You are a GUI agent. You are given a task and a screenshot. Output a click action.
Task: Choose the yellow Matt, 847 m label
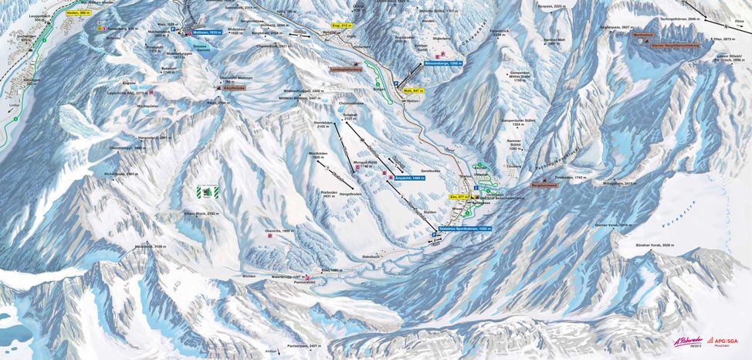[x=413, y=91]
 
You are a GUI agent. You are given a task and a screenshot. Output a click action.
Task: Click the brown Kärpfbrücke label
[x=222, y=89]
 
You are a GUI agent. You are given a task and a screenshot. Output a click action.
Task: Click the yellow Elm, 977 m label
[x=459, y=197]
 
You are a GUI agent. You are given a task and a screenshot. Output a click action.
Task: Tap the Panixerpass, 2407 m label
[x=303, y=345]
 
